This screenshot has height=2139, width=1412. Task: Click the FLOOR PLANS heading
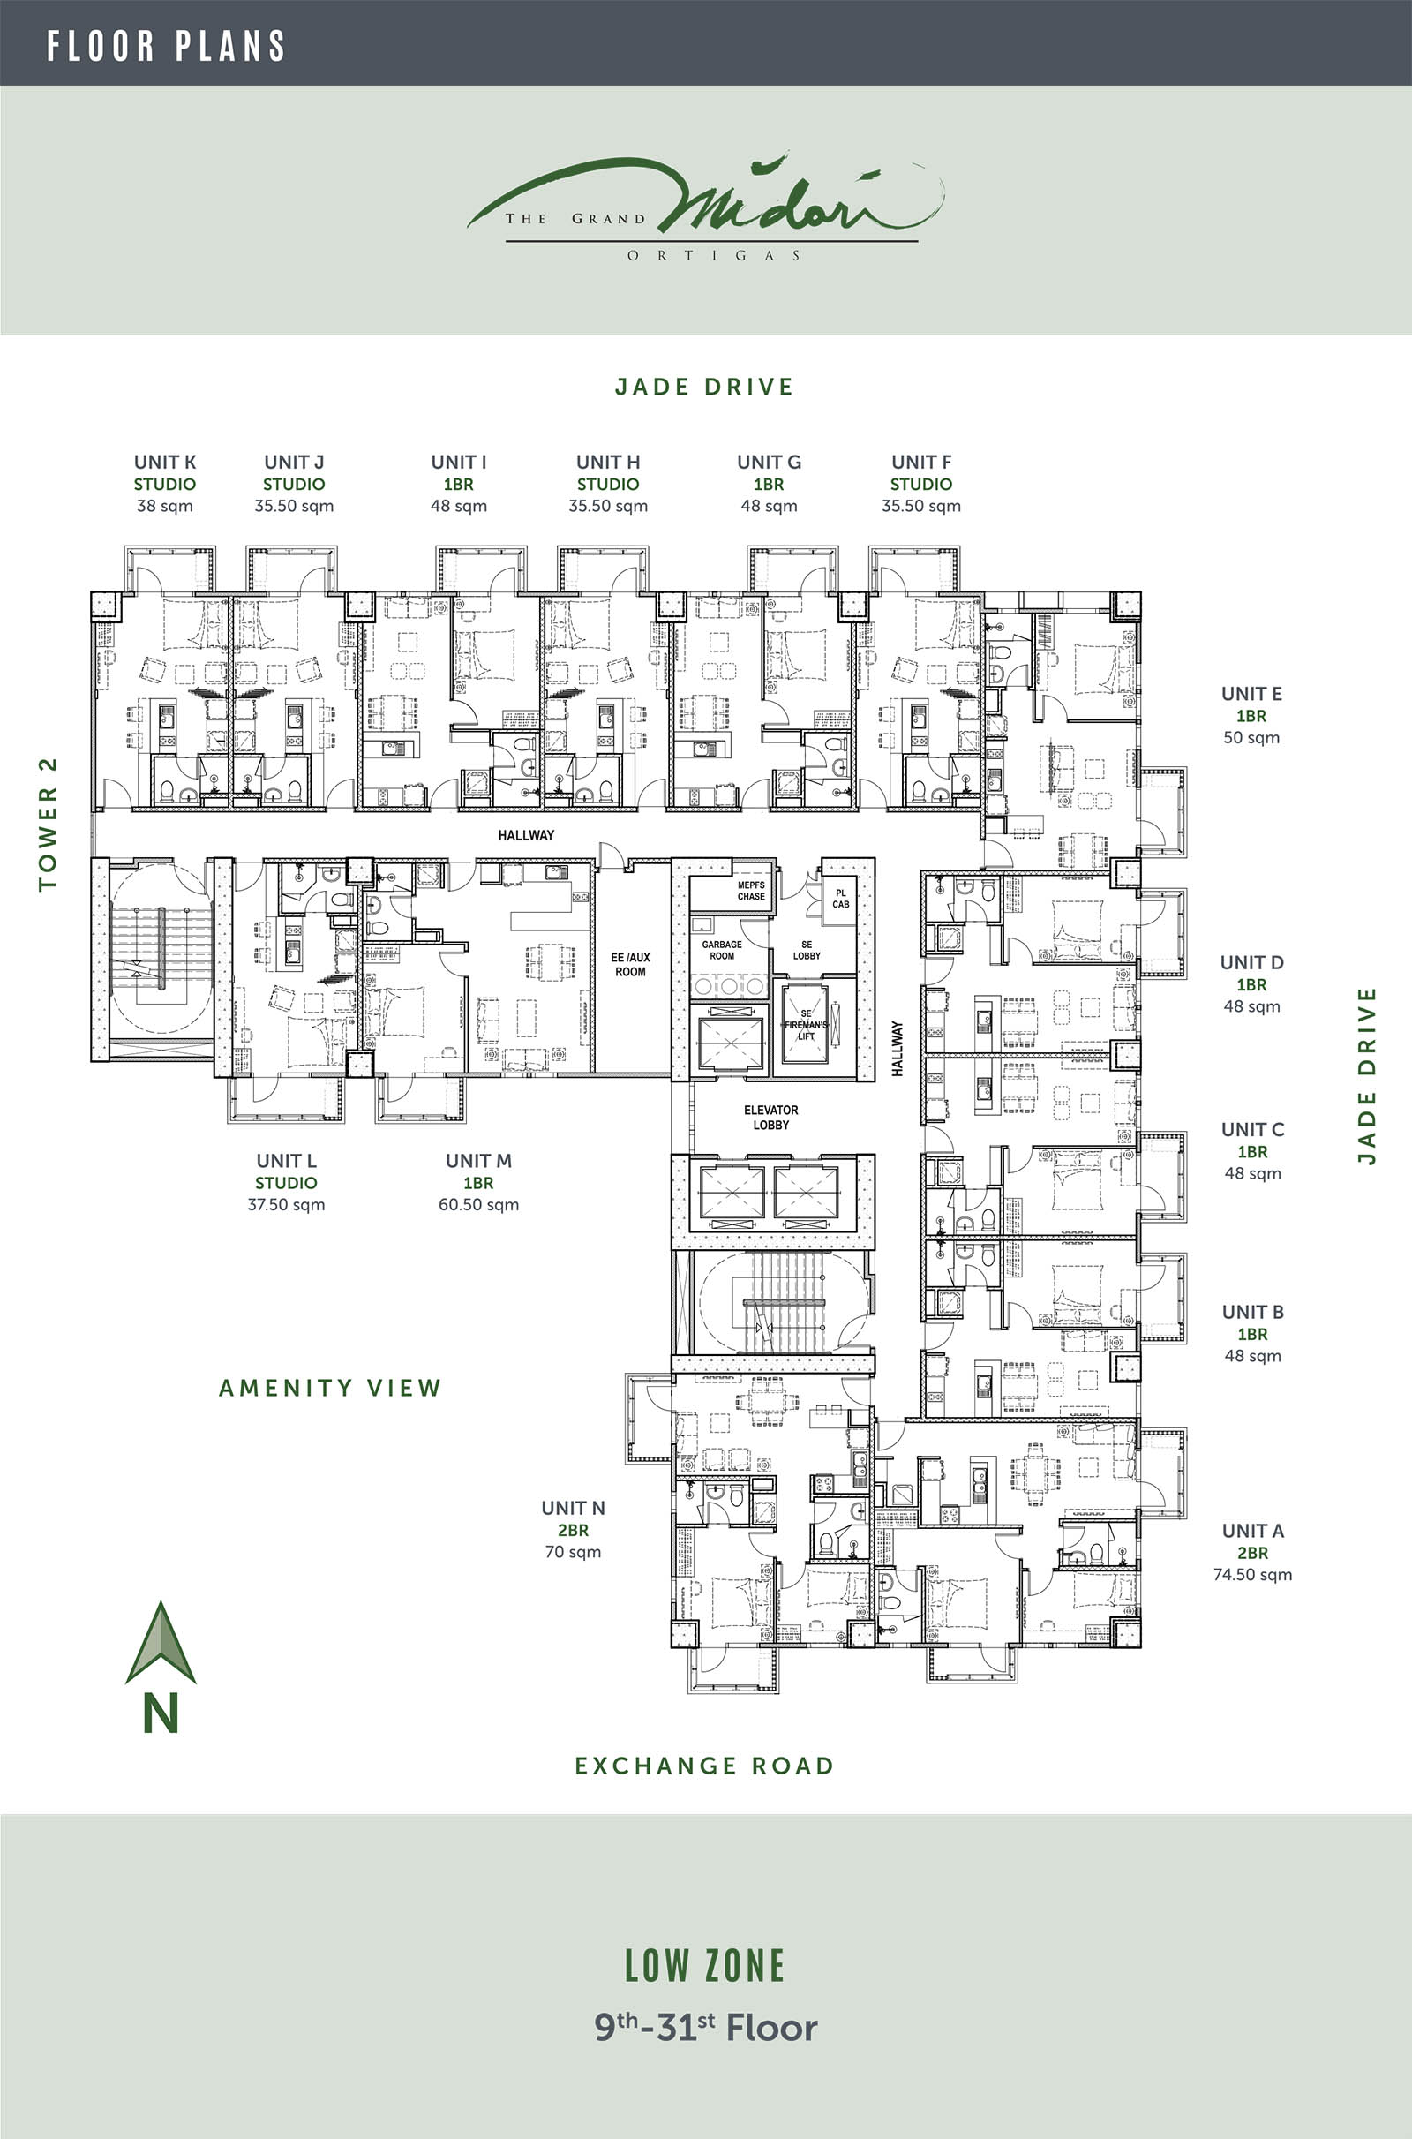point(167,46)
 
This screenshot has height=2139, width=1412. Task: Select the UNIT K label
point(165,462)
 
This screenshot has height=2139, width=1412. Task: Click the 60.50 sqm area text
point(478,1205)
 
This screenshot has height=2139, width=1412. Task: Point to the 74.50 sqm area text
point(1251,1575)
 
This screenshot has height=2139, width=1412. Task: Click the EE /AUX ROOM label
point(630,965)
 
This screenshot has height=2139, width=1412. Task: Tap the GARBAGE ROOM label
point(722,950)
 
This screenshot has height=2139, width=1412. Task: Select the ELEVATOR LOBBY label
point(770,1118)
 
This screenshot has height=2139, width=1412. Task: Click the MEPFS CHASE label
point(751,891)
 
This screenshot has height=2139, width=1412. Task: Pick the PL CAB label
point(840,899)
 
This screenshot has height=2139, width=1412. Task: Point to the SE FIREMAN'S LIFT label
point(806,1025)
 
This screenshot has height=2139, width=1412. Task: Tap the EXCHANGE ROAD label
point(704,1766)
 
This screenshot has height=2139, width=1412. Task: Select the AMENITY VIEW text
point(330,1388)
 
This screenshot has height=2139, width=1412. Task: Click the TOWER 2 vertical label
point(48,824)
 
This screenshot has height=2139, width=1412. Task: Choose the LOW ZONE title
point(705,1966)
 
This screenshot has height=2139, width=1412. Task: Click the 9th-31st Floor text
point(706,2027)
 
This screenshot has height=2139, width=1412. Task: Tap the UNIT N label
point(573,1508)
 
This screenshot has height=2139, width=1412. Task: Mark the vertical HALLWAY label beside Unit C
point(897,1049)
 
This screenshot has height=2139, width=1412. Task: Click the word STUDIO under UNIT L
point(285,1183)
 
